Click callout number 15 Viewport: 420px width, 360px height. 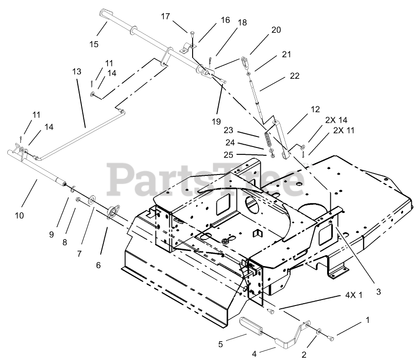click(93, 44)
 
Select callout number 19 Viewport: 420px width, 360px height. click(216, 121)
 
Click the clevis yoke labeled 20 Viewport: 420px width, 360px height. click(245, 61)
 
